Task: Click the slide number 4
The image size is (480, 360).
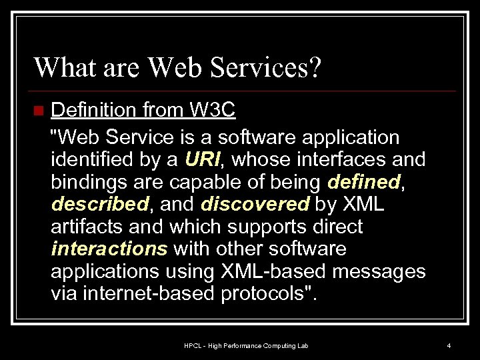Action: (x=449, y=345)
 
